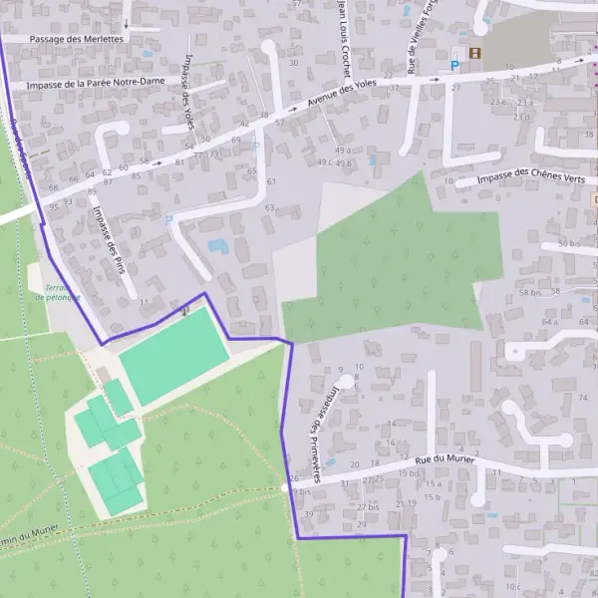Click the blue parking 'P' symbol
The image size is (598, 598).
tap(455, 66)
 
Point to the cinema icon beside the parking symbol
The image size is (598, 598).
tap(475, 53)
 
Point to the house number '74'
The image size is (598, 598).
tap(583, 398)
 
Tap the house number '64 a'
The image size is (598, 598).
tap(549, 322)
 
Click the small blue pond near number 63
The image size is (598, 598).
tap(217, 245)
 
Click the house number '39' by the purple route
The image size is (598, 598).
tap(308, 514)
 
